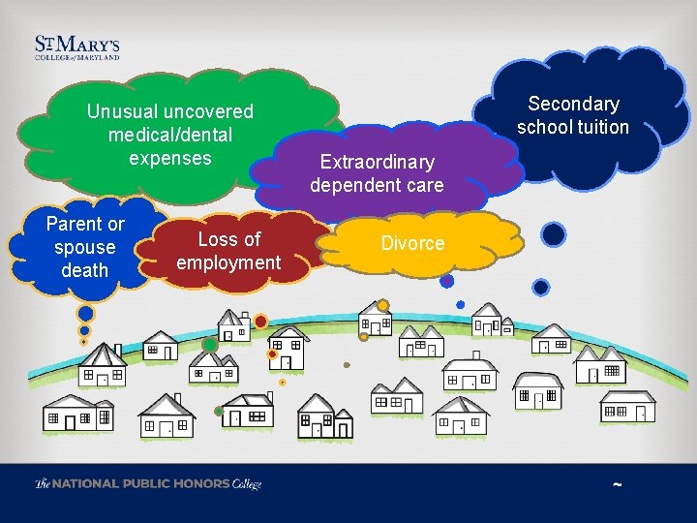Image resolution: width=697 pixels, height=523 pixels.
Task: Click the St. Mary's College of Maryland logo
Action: (x=77, y=48)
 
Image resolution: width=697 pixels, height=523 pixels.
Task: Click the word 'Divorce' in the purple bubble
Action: (x=412, y=243)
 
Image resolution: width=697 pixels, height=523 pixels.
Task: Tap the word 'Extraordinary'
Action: (x=377, y=161)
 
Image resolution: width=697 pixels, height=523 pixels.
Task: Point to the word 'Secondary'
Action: (x=573, y=104)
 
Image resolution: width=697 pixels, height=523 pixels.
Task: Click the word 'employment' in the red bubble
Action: (x=228, y=261)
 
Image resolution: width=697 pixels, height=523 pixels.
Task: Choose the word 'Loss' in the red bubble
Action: (x=216, y=238)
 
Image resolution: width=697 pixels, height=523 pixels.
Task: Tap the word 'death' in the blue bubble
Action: (x=85, y=270)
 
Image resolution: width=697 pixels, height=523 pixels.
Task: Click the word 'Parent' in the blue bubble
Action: (x=74, y=224)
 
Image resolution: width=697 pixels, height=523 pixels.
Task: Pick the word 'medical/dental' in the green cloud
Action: (x=170, y=135)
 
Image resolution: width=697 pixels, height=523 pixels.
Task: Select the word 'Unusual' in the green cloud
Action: (x=122, y=111)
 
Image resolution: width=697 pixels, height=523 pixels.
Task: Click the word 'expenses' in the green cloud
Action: (x=170, y=158)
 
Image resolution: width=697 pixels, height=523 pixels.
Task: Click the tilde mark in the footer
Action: (x=618, y=484)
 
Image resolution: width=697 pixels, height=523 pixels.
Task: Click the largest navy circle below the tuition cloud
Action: (x=553, y=234)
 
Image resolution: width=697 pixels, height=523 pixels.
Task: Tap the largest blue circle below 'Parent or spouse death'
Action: (x=86, y=314)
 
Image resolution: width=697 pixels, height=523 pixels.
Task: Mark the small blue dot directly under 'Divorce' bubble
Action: (x=446, y=281)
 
